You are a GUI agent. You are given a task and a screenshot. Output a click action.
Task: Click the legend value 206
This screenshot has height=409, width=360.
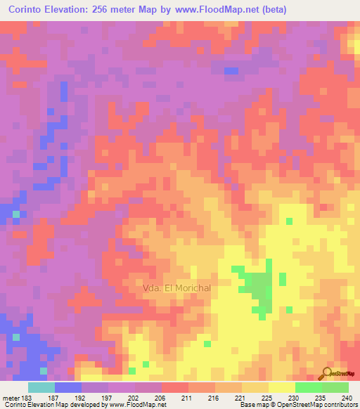162,397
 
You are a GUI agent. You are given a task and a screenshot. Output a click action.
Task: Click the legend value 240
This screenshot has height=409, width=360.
345,397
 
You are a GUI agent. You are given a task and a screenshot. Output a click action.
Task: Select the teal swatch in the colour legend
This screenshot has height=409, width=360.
41,387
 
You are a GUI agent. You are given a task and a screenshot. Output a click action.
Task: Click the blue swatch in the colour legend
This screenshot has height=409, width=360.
68,387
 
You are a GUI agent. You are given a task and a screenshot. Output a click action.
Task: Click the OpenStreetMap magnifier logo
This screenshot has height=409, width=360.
328,374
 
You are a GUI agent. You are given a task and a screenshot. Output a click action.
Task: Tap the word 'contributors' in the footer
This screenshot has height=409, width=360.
337,405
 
